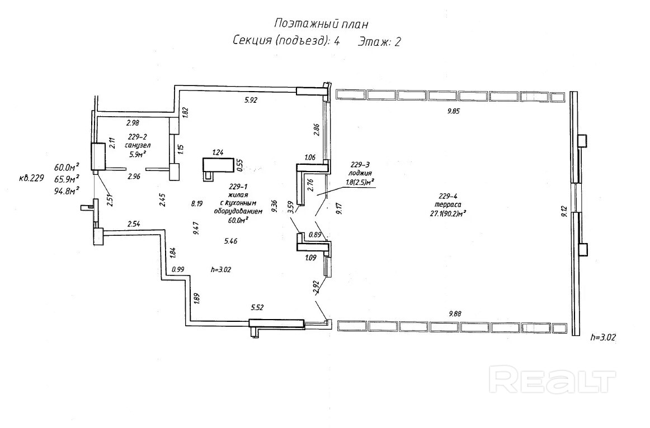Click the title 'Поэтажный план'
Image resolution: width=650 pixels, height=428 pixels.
[322, 23]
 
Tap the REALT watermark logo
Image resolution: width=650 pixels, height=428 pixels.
[552, 380]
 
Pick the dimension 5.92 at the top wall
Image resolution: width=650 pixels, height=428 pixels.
[250, 101]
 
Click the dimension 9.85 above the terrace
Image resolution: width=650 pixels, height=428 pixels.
[453, 111]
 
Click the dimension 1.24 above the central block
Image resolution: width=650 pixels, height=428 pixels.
[218, 152]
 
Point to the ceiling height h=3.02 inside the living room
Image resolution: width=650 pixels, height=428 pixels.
[221, 269]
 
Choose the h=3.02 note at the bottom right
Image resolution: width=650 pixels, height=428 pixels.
[604, 337]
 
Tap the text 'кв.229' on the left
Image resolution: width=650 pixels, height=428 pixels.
[31, 178]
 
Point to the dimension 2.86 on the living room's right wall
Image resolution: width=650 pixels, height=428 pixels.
[316, 130]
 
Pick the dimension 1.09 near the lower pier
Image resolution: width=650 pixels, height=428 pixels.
[312, 258]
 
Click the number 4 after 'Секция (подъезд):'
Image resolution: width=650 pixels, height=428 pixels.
[337, 41]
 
